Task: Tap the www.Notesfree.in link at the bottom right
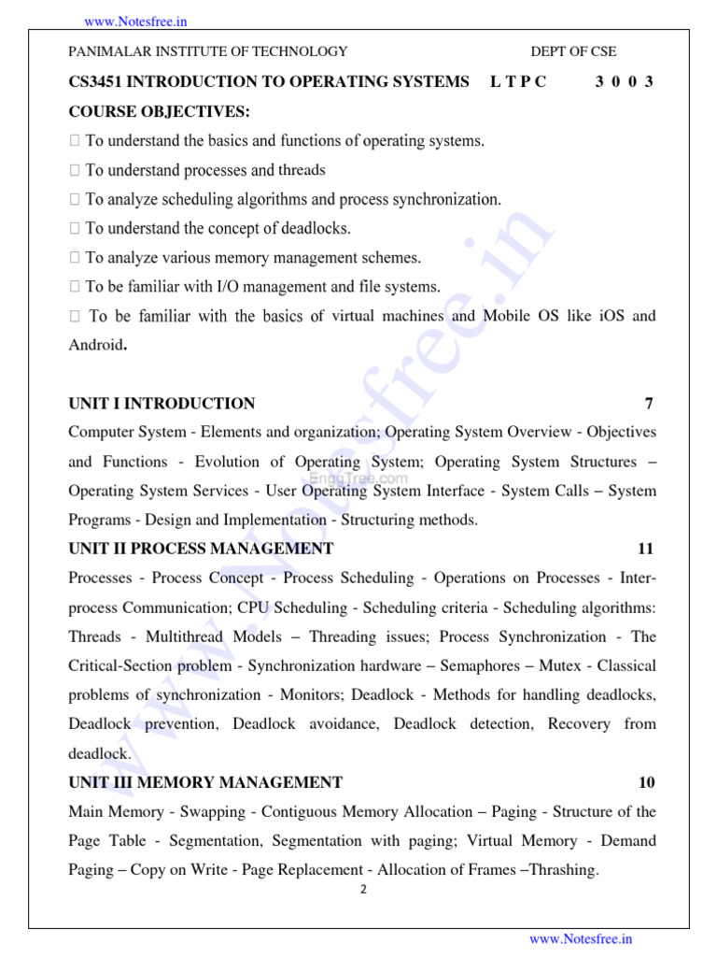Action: [581, 939]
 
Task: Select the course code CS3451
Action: [95, 81]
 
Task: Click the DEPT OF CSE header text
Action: [573, 51]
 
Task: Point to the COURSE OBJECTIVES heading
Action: [160, 111]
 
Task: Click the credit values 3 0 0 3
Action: [624, 81]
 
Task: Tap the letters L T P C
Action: [518, 81]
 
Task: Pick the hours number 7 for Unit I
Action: [649, 404]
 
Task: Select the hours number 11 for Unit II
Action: [645, 549]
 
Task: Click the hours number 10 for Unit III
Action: [646, 782]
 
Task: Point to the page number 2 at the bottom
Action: [364, 889]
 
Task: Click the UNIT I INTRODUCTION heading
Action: [162, 404]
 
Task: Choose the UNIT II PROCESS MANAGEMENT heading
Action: [201, 549]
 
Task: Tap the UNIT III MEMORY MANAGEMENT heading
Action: [205, 782]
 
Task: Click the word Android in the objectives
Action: [95, 345]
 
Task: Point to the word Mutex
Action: [559, 666]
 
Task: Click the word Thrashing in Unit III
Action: [562, 870]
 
